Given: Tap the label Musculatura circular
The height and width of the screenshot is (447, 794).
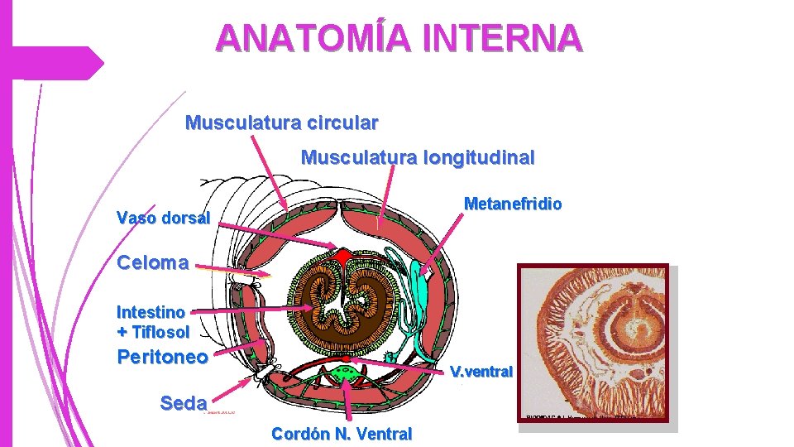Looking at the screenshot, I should tap(282, 123).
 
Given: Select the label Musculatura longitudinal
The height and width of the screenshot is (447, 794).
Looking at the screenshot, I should tap(418, 156).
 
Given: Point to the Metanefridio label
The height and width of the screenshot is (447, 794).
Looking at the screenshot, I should tap(513, 204).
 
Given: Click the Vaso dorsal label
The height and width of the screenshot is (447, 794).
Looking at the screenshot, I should tap(164, 219).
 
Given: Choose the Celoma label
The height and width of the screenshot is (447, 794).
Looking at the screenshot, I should tap(153, 263).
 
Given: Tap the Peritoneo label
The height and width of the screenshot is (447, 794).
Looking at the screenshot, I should tap(163, 358).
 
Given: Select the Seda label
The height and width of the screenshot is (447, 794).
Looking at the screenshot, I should tap(183, 403).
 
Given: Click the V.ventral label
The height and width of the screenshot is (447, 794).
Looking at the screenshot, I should tap(481, 371).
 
